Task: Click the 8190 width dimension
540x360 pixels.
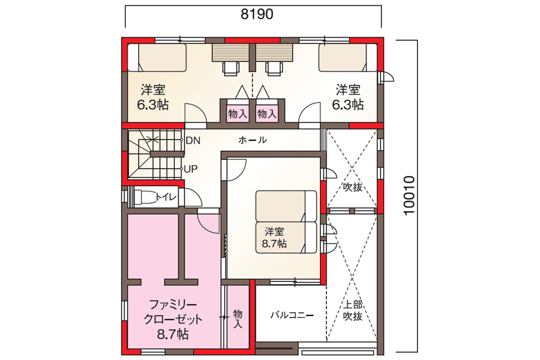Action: pos(257,14)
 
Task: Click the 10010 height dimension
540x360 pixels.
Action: pos(409,195)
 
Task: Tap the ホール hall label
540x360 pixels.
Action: pos(252,140)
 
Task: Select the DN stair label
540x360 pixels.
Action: pos(193,140)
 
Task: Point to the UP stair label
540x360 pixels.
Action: pos(191,169)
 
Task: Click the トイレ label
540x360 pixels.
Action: pos(166,197)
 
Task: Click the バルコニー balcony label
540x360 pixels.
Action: pos(292,315)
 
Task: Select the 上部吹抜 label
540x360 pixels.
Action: pos(353,310)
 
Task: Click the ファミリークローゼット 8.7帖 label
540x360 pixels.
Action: pos(173,320)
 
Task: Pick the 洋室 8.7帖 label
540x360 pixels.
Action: pos(274,237)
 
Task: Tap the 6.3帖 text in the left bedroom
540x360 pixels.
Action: pos(153,105)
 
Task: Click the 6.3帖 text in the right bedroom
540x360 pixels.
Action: pos(348,105)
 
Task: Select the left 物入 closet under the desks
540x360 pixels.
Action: pos(237,113)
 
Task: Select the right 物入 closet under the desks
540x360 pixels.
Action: pos(267,113)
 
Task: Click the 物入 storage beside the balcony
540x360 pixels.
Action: pos(238,318)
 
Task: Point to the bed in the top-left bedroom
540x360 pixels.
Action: pos(157,57)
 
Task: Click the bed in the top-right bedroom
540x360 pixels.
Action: pos(348,57)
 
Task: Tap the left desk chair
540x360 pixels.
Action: pos(231,69)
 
